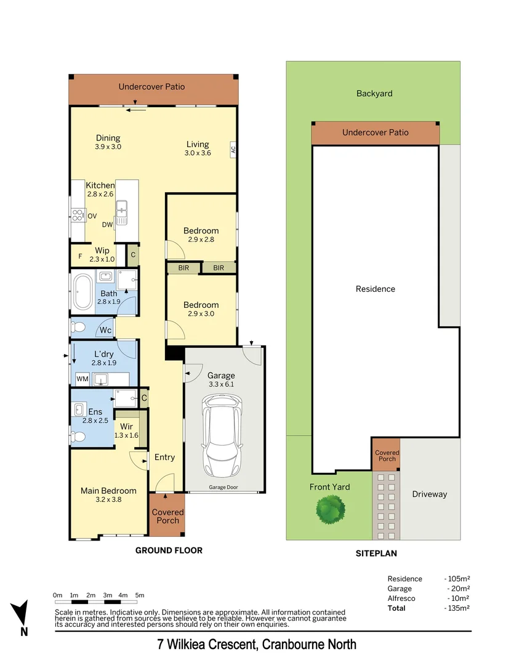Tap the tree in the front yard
point(330,509)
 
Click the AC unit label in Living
point(233,149)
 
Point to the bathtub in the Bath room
point(82,293)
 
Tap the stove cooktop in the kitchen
point(78,216)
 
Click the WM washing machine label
point(81,378)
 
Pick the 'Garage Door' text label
point(223,488)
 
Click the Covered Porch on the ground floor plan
point(167,516)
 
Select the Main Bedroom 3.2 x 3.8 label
point(108,495)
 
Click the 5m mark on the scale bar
point(140,595)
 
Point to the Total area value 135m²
point(457,608)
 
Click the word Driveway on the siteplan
point(430,494)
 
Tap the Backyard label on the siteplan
point(374,94)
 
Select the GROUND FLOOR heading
point(169,550)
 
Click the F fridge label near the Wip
point(79,256)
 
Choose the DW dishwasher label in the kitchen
point(108,225)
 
